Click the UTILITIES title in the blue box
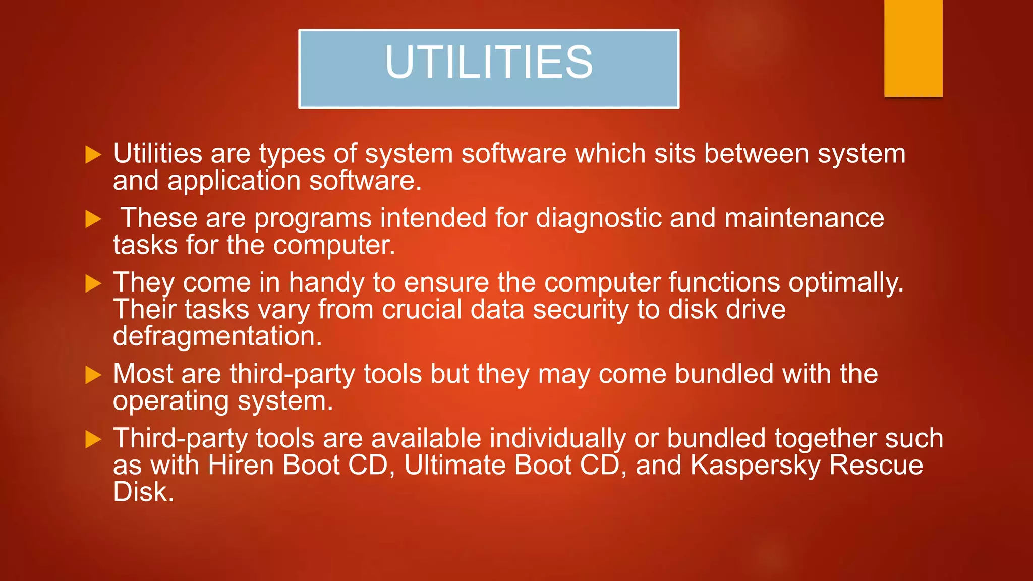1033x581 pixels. (489, 62)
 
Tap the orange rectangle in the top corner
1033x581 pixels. (913, 48)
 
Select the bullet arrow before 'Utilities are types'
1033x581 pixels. (93, 155)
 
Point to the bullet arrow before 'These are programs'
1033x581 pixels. (93, 219)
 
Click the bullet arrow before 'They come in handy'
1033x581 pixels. (93, 283)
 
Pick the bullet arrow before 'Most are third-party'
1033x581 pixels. (93, 375)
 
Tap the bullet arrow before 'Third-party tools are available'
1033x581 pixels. (93, 439)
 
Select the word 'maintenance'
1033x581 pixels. (804, 218)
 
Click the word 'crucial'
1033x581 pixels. (422, 309)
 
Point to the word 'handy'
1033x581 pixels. (326, 283)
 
